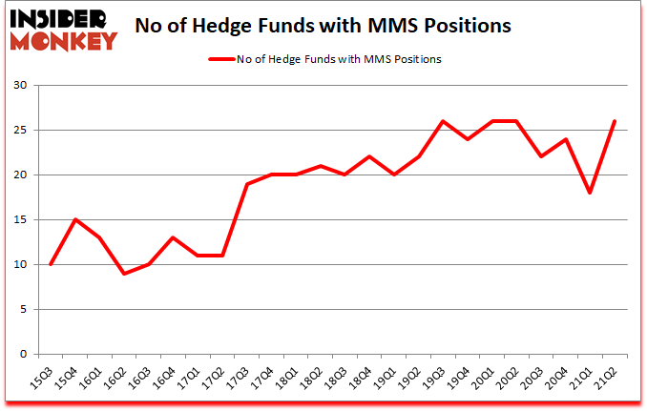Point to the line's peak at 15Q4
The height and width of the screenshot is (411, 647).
(75, 219)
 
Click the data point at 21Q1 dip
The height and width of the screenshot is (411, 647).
(590, 193)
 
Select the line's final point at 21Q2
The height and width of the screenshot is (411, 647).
(614, 121)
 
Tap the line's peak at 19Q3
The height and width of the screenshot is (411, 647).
(442, 121)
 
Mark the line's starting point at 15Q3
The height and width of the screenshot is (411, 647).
(51, 264)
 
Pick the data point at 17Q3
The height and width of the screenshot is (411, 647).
(248, 184)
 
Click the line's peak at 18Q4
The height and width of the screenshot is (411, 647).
(368, 156)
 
